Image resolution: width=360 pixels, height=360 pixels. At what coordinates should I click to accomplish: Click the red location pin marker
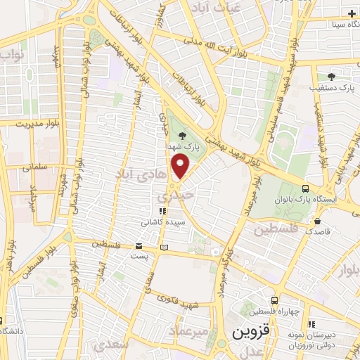181,167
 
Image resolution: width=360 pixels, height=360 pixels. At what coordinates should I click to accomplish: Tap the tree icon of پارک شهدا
184,134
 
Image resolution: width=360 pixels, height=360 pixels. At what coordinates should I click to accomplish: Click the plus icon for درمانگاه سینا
352,13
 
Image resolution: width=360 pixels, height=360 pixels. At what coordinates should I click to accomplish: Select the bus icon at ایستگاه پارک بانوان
304,188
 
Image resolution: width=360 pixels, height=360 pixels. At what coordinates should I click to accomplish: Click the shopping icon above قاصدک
310,217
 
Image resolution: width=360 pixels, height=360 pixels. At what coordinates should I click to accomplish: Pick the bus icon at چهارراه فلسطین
274,300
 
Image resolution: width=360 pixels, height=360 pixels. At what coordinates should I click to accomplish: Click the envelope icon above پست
139,245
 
